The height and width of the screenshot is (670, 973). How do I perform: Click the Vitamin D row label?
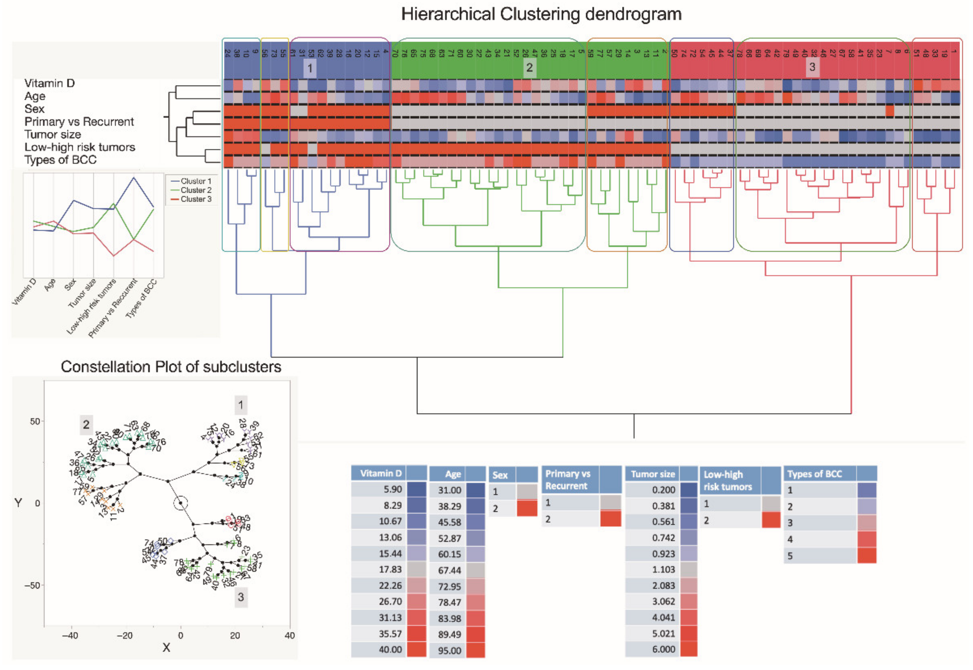pos(49,83)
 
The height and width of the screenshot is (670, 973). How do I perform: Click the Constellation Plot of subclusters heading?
pos(171,367)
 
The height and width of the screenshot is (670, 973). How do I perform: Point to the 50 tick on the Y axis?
pos(34,422)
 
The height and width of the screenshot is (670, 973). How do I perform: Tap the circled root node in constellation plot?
pos(181,503)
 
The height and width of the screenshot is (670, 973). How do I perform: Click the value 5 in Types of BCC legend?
pos(790,556)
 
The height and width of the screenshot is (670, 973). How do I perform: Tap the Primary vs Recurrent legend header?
pos(567,479)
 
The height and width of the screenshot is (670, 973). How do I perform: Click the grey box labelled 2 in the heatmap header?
pos(529,67)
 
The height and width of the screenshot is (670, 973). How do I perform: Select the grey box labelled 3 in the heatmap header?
pos(812,67)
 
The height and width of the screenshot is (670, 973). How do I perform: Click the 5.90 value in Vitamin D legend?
pos(392,489)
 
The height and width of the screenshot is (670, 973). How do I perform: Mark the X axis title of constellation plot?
pos(166,648)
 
